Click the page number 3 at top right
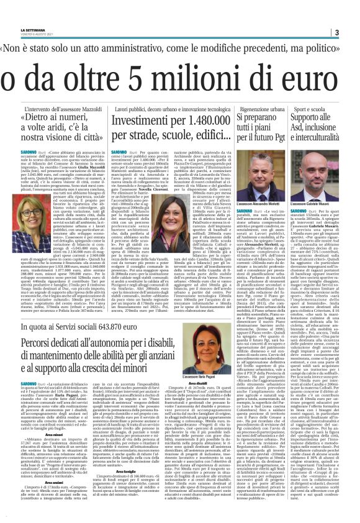click(x=353, y=32)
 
